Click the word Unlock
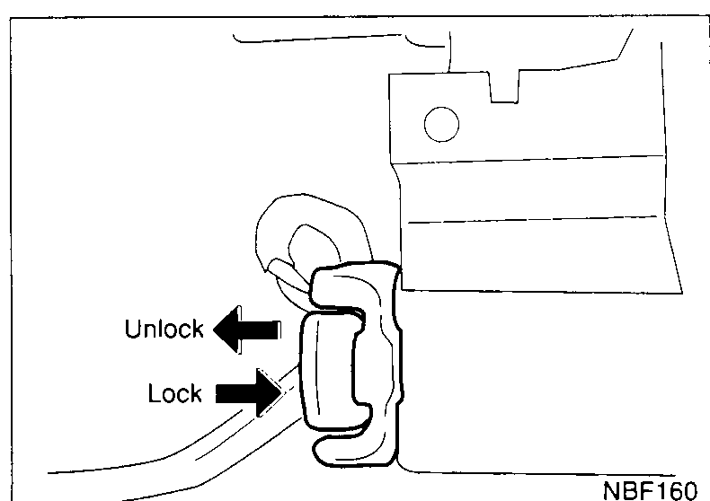164,329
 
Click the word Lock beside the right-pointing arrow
174,393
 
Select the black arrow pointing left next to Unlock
247,330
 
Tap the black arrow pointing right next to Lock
249,393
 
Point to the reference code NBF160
650,491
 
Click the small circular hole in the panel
441,124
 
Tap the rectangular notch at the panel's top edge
504,87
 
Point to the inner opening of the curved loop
313,246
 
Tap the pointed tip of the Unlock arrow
214,330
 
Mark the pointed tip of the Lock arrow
281,393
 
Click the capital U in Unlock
133,329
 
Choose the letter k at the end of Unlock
198,329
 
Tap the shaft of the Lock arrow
236,393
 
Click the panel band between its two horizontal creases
529,190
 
